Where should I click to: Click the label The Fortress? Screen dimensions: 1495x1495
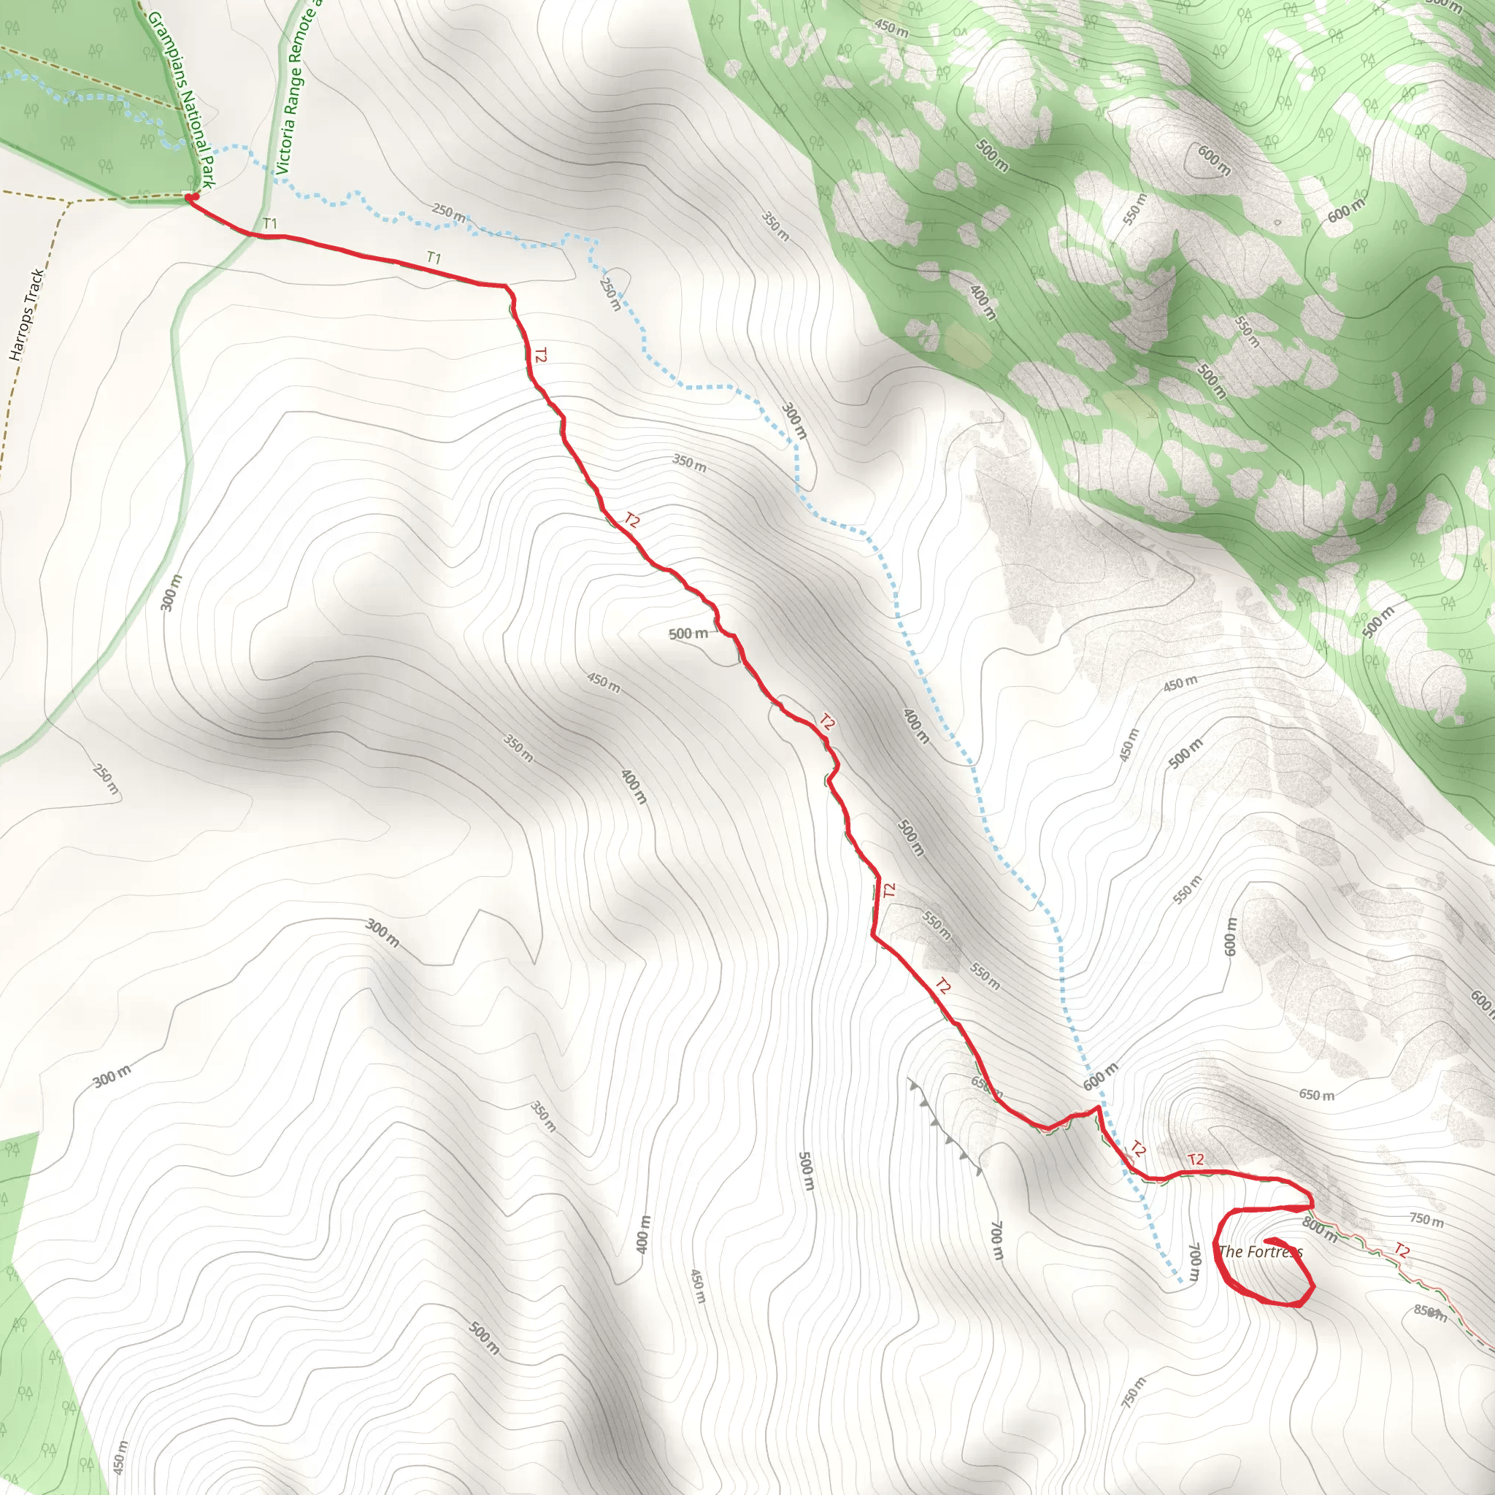coord(1261,1251)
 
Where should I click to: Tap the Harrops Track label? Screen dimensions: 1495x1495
coord(26,315)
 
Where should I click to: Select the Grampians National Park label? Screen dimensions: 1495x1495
coord(180,99)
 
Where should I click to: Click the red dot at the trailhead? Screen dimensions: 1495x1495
coord(191,198)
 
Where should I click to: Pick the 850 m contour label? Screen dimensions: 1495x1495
coord(1429,1312)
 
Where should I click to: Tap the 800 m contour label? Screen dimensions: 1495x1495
coord(1319,1229)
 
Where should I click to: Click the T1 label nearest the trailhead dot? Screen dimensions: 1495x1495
coord(270,223)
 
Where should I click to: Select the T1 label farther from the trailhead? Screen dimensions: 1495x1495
coord(434,258)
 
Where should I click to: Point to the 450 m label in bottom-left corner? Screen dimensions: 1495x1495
coord(120,1456)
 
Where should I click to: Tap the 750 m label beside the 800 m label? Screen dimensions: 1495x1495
coord(1426,1221)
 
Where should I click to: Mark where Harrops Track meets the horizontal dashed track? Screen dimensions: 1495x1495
coord(70,203)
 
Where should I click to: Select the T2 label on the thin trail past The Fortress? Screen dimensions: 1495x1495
coord(1402,1250)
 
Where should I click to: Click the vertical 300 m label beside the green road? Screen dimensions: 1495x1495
coord(171,593)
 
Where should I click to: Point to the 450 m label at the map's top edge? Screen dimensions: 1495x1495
coord(891,28)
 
